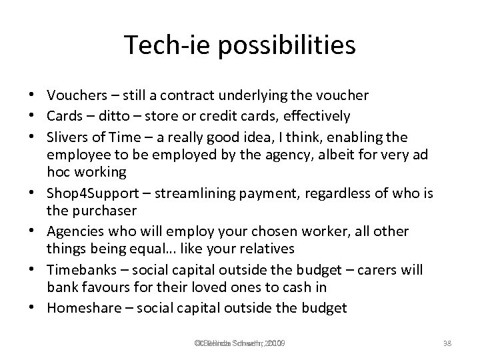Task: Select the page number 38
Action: (x=448, y=343)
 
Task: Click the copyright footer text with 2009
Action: (x=239, y=343)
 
